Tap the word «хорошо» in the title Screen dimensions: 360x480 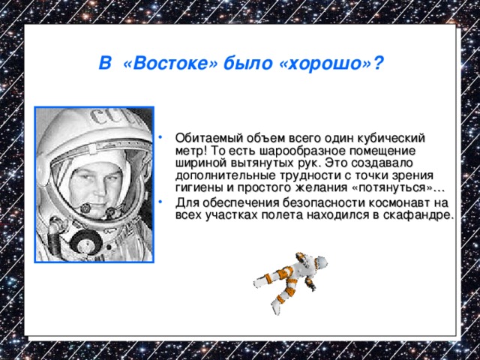click(x=325, y=64)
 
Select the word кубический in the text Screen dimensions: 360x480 click(x=392, y=138)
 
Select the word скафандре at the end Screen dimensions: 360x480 click(x=423, y=214)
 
